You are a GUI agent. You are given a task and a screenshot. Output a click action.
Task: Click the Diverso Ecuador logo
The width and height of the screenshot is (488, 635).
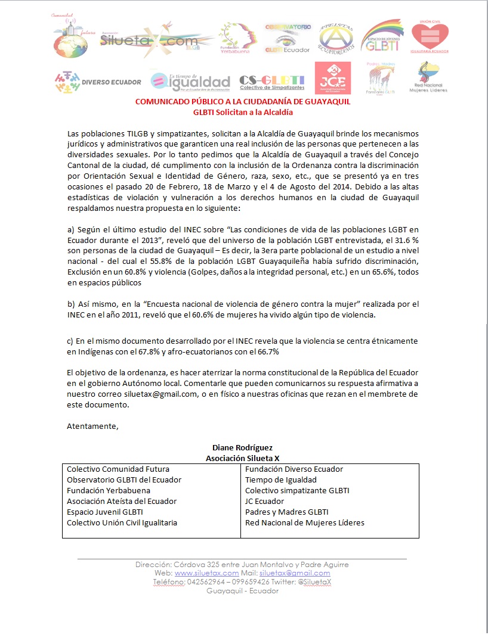point(97,82)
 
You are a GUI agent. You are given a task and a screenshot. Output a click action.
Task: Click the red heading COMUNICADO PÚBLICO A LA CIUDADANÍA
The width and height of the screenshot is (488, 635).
point(243,102)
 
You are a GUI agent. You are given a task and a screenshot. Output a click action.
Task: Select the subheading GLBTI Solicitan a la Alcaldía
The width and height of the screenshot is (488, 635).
point(243,111)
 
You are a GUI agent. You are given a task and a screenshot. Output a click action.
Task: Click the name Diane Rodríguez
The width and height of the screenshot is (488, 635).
point(243,447)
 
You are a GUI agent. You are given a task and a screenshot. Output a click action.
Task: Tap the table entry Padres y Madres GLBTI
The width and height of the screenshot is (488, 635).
point(286,512)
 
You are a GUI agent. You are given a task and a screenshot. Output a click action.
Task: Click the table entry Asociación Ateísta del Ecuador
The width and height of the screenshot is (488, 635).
point(122,502)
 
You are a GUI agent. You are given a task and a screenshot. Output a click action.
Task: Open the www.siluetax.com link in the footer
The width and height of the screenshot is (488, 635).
point(203,573)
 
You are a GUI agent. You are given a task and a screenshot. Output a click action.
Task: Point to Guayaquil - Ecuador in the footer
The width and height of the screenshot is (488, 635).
point(242,591)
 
